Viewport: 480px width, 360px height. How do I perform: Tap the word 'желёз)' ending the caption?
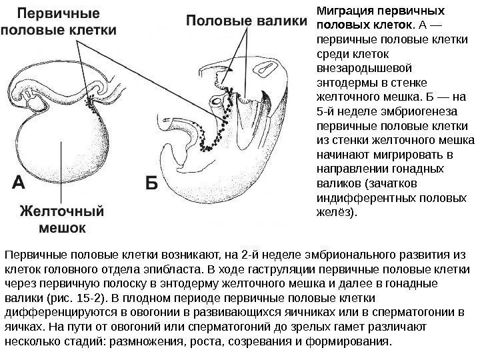coord(335,213)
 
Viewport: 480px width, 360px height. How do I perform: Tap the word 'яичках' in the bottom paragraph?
coord(23,327)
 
